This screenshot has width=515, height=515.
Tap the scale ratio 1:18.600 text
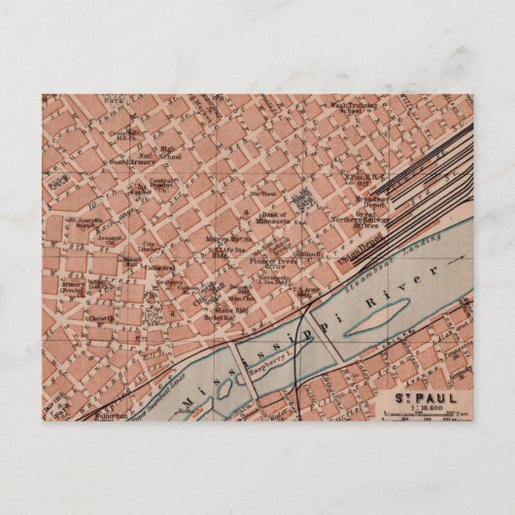click(x=419, y=407)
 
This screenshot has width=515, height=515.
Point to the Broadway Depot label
click(x=371, y=202)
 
